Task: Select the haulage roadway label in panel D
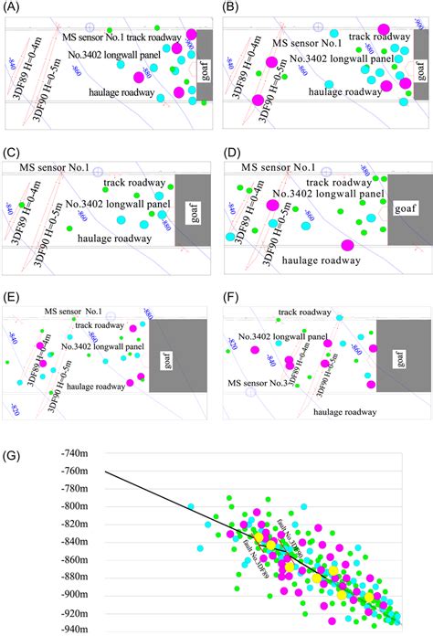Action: point(321,260)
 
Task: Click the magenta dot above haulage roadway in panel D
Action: point(347,244)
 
